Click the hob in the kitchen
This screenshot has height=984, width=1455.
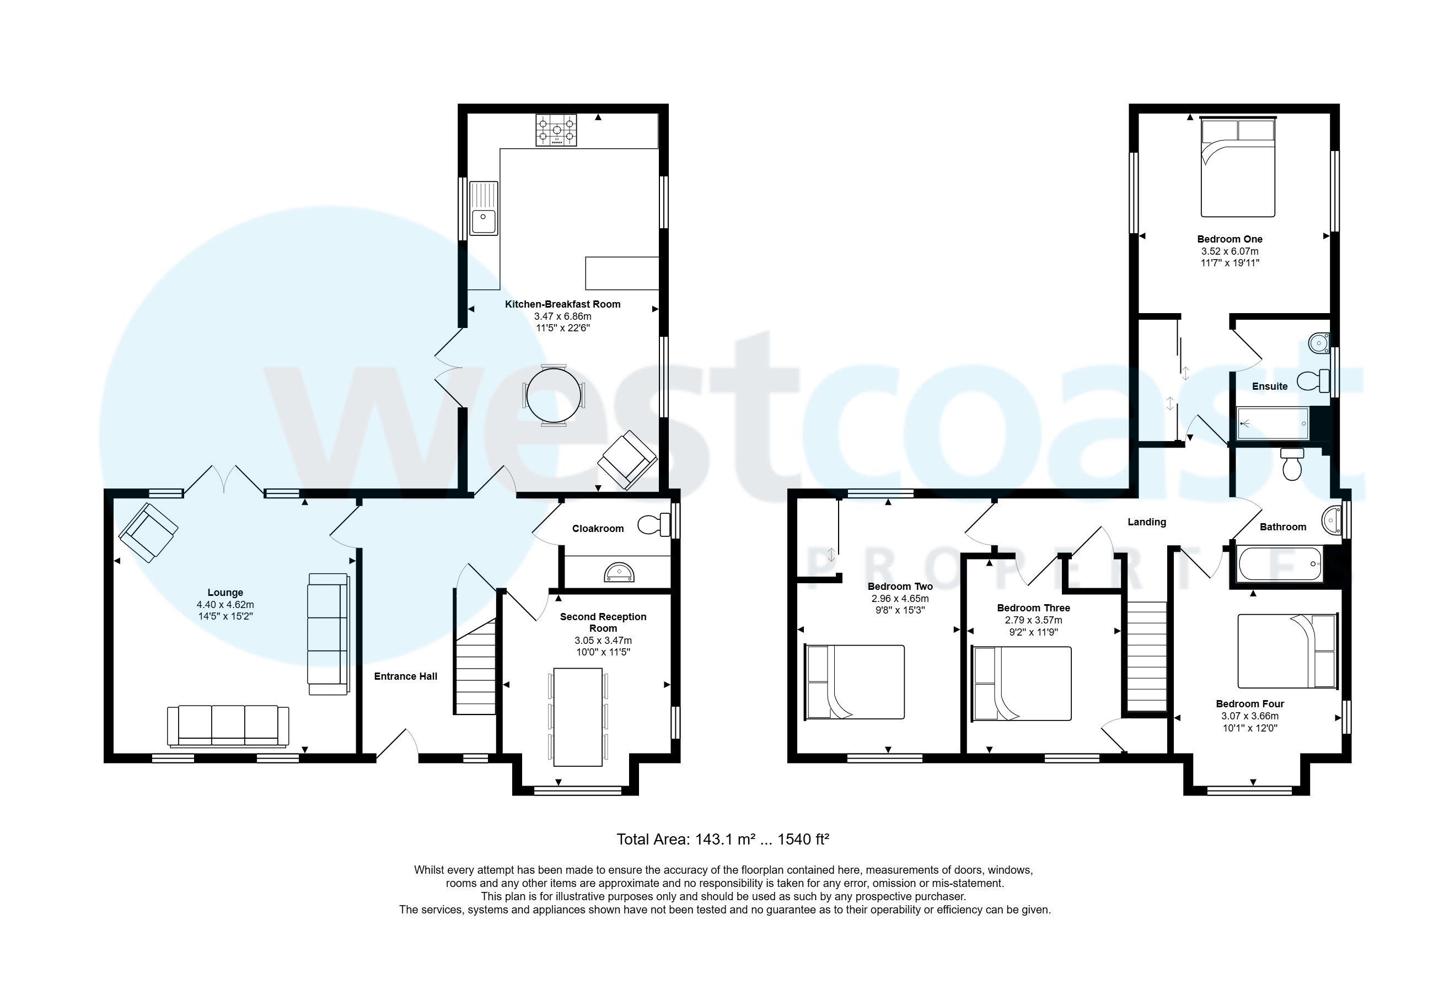pyautogui.click(x=555, y=130)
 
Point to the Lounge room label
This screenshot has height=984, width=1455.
pyautogui.click(x=225, y=593)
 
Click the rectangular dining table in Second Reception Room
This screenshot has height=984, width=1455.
pyautogui.click(x=578, y=717)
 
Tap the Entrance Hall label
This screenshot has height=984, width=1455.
pyautogui.click(x=405, y=676)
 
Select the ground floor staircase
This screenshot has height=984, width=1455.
pyautogui.click(x=475, y=666)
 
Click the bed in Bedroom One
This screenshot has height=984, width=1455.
pyautogui.click(x=1237, y=168)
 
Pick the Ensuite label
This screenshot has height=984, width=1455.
pyautogui.click(x=1269, y=387)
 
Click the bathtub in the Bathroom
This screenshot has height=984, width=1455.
pyautogui.click(x=1280, y=564)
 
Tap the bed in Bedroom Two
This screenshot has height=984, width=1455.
pyautogui.click(x=854, y=682)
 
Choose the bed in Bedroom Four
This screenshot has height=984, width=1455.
pyautogui.click(x=1287, y=651)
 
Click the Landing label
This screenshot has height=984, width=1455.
pyautogui.click(x=1146, y=522)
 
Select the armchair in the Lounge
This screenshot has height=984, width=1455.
pyautogui.click(x=148, y=532)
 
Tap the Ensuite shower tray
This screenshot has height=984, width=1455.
pyautogui.click(x=1273, y=424)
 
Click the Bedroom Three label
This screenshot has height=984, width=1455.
pyautogui.click(x=1033, y=608)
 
